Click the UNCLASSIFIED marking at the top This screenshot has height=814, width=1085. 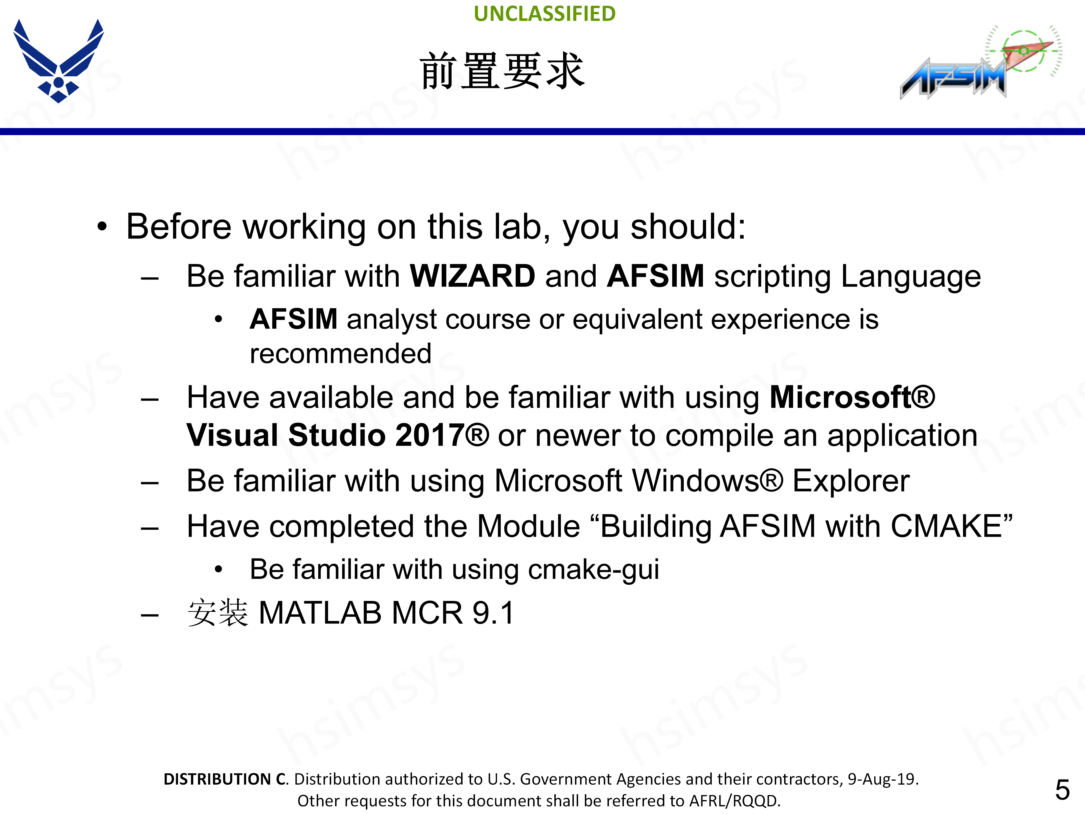click(544, 14)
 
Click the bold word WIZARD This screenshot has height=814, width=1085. click(472, 276)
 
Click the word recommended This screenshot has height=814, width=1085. click(340, 354)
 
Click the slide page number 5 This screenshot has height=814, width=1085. click(1062, 790)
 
